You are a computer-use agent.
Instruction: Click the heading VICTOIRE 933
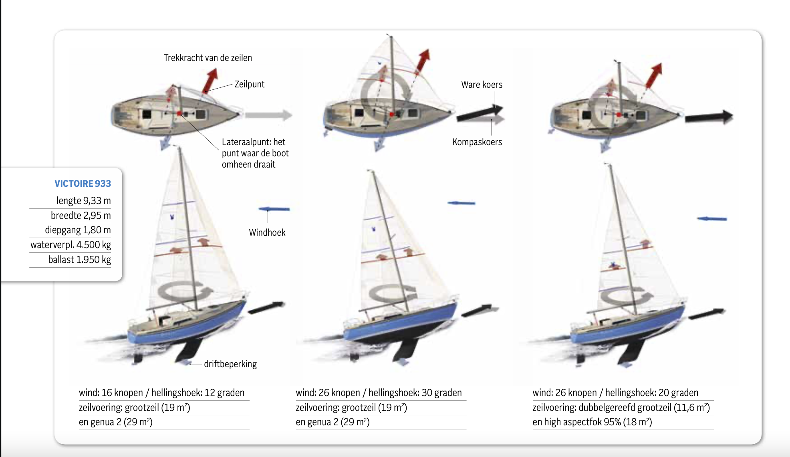click(x=83, y=184)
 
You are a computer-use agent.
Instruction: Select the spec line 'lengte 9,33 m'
click(x=83, y=200)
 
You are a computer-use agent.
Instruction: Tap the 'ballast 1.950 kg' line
click(x=79, y=259)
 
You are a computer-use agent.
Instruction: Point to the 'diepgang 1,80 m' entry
click(x=78, y=230)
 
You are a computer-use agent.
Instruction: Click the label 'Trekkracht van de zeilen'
click(x=208, y=58)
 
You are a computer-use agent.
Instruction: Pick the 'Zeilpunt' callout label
click(x=249, y=84)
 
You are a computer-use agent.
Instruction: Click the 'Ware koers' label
click(x=482, y=85)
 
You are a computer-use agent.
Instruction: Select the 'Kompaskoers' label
click(x=477, y=142)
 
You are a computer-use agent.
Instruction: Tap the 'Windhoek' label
click(x=267, y=233)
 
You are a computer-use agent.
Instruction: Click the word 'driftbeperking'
click(x=230, y=364)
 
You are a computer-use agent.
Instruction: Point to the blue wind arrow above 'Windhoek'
click(x=274, y=209)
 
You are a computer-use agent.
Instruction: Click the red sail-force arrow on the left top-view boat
click(x=210, y=80)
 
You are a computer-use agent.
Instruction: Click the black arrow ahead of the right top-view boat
click(x=708, y=117)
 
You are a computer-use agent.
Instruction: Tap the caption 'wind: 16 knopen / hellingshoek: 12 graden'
click(x=161, y=392)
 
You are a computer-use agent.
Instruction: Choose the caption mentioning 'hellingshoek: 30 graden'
click(x=379, y=392)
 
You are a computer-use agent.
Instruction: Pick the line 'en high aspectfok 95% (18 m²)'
click(x=592, y=422)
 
